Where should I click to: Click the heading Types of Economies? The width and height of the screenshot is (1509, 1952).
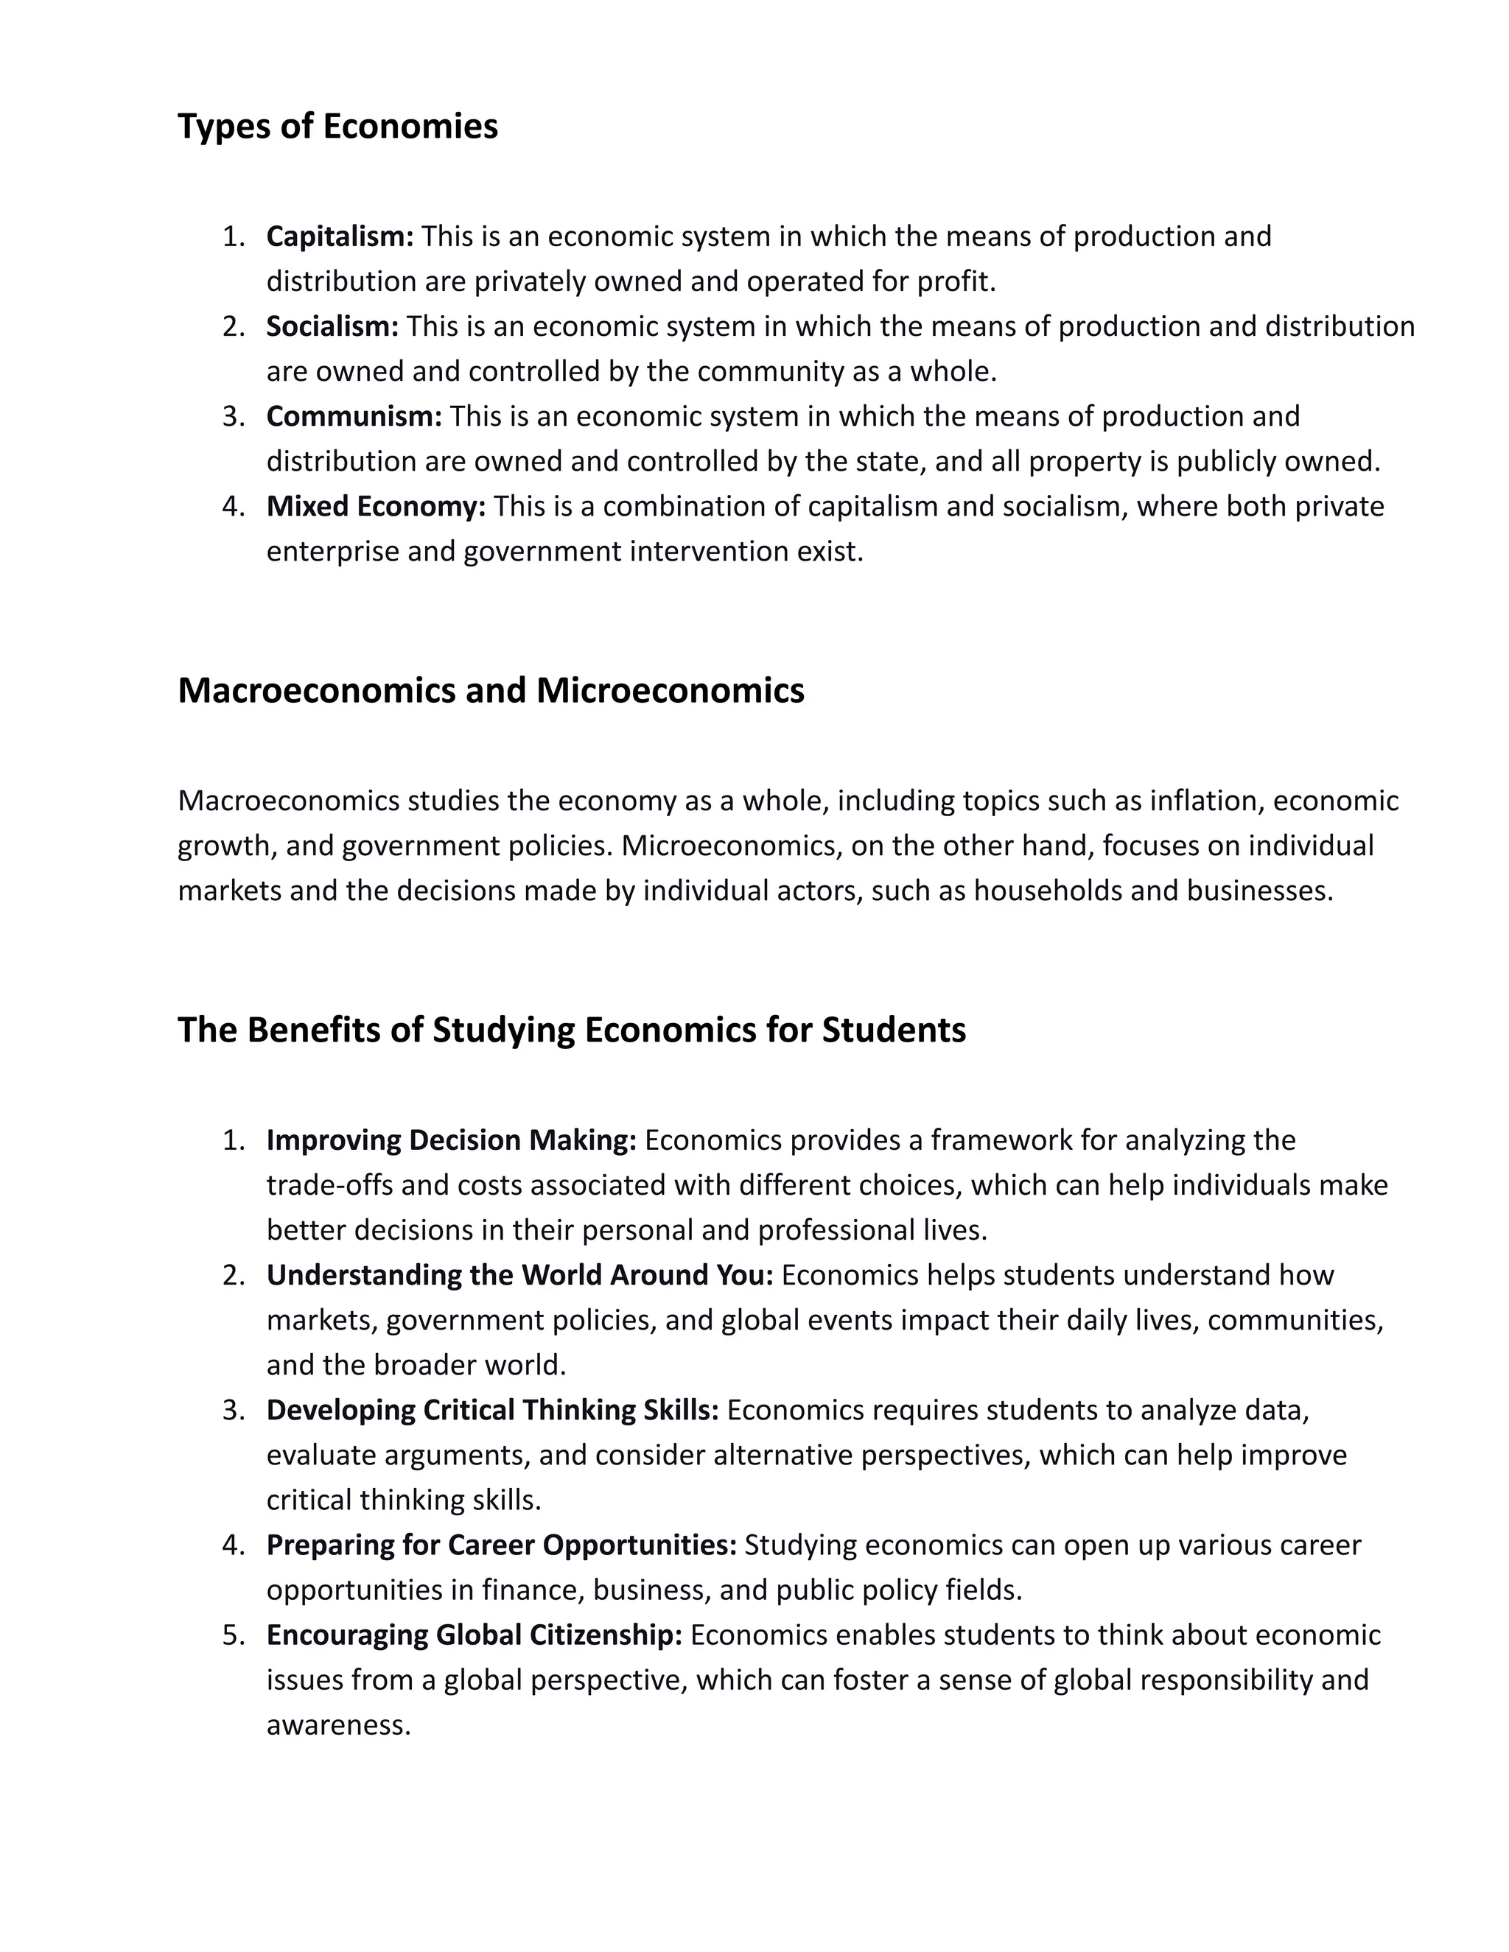[338, 126]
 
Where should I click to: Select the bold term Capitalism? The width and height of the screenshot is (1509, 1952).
[340, 237]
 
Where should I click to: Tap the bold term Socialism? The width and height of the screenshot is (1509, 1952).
[332, 326]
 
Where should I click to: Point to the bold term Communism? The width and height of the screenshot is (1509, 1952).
[354, 416]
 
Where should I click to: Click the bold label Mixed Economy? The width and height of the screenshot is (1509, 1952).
[376, 507]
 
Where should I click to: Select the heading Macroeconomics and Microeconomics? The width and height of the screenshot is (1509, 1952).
[491, 691]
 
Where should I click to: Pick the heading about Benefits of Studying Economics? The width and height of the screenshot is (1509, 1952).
[571, 1030]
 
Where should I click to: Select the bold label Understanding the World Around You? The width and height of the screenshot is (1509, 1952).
[519, 1275]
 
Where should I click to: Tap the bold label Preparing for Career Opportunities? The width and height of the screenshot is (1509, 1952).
[502, 1545]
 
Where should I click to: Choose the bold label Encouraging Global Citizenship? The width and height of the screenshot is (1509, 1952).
[474, 1635]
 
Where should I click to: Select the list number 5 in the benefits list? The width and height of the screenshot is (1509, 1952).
[231, 1635]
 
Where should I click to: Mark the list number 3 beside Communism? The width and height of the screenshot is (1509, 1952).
[231, 416]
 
